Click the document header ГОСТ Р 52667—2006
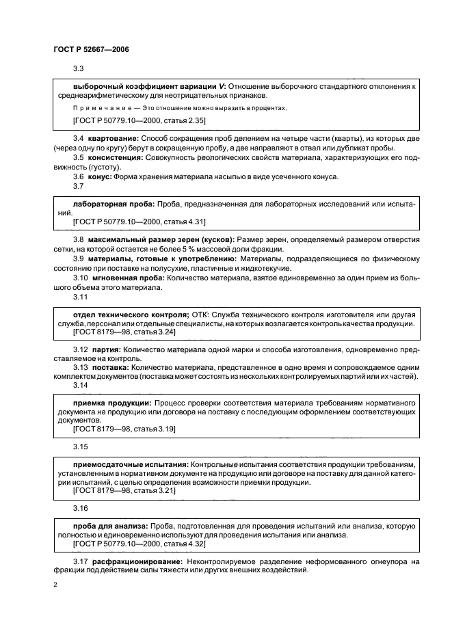pos(91,50)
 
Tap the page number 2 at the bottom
pos(55,586)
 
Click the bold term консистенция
pos(116,157)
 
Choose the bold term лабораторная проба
pos(113,204)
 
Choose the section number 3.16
pos(79,509)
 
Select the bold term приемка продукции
pos(112,403)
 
